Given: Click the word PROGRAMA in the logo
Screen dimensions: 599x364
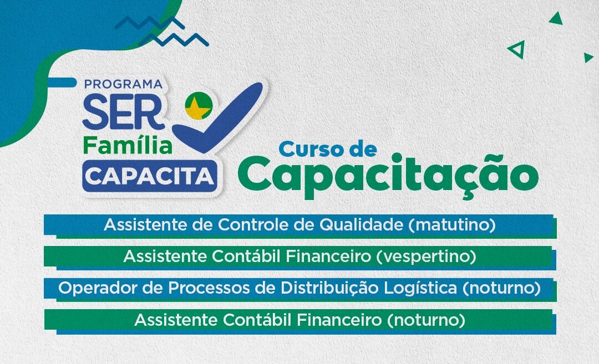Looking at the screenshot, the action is point(123,84).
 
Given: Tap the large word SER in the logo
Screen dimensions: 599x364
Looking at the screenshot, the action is point(123,112).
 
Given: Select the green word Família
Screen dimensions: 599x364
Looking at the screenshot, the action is point(128,146).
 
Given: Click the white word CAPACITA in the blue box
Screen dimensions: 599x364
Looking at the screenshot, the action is point(149,176).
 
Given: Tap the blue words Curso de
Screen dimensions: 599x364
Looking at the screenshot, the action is point(328,149).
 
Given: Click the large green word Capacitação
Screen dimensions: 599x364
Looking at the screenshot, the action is point(388,176).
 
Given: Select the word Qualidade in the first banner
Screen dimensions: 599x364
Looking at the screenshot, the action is point(362,225).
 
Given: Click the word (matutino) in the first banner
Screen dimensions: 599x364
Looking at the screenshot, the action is point(452,225).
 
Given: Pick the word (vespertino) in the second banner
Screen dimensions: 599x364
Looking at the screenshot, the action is point(427,257).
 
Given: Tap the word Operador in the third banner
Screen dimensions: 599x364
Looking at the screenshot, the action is point(98,288).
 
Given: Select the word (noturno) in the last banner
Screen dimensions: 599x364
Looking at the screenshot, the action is point(426,320).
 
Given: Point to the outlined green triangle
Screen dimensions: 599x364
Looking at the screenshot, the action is point(516,49).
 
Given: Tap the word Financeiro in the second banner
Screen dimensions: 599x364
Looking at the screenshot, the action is point(328,257).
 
